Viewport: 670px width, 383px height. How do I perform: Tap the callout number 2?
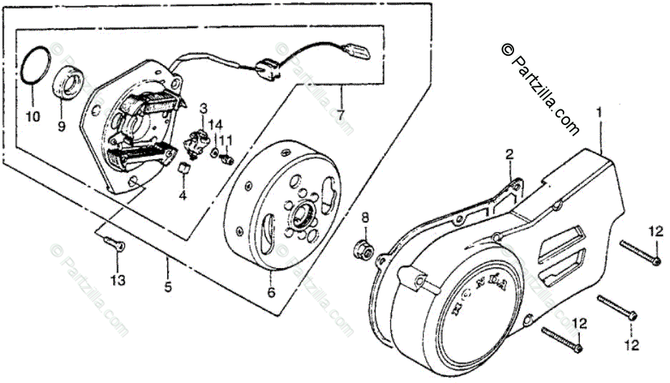tap(510, 154)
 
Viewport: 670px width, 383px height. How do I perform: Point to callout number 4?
tap(182, 195)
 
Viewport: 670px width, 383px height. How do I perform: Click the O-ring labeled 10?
tap(34, 68)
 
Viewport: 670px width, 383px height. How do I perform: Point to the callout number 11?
tap(226, 139)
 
